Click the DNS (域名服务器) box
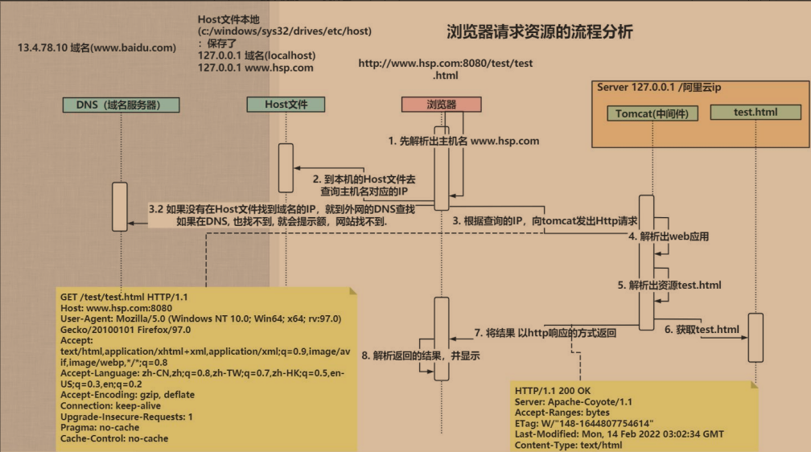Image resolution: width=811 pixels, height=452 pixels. pyautogui.click(x=121, y=105)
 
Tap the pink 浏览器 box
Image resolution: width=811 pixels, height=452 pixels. pyautogui.click(x=441, y=105)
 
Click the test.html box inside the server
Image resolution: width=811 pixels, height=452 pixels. pyautogui.click(x=755, y=112)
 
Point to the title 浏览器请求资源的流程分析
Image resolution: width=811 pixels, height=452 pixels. pyautogui.click(x=540, y=33)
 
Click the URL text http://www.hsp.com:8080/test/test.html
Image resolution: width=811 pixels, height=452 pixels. pyautogui.click(x=445, y=69)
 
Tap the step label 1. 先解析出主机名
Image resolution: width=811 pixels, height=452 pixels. pyautogui.click(x=463, y=141)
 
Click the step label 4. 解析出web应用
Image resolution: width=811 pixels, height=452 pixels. pyautogui.click(x=669, y=237)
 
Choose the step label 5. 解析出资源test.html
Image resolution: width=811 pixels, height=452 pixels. pyautogui.click(x=669, y=285)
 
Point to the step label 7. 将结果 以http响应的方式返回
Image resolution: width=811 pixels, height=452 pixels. pyautogui.click(x=545, y=332)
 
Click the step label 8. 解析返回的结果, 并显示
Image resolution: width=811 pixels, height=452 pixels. pyautogui.click(x=420, y=355)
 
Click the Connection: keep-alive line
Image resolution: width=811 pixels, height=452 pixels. pyautogui.click(x=111, y=406)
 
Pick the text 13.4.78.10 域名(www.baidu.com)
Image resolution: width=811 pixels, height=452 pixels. pyautogui.click(x=97, y=47)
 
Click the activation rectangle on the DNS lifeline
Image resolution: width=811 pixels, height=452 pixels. pyautogui.click(x=120, y=207)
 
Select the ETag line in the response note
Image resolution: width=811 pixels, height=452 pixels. pyautogui.click(x=584, y=423)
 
